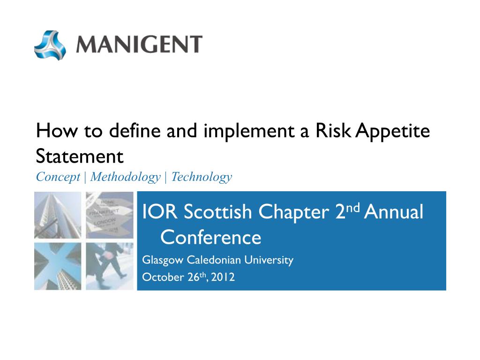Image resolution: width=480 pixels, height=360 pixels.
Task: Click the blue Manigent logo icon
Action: coord(50,45)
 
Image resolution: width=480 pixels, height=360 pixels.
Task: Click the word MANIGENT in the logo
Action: coord(139,45)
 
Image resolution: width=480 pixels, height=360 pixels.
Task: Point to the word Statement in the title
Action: coord(80,156)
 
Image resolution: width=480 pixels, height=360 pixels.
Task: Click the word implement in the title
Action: coord(249,132)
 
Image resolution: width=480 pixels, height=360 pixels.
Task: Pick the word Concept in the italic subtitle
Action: coord(58,177)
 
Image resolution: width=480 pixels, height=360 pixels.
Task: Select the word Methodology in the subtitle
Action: coord(125,177)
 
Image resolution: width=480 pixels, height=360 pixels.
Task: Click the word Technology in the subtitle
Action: coord(202,177)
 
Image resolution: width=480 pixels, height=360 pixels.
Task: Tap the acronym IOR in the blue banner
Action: coord(160,211)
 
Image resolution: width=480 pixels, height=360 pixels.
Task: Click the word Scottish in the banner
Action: coord(217,211)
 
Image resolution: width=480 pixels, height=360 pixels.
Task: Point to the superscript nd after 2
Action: coord(352,208)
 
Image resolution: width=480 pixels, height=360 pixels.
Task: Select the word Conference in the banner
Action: coord(210,237)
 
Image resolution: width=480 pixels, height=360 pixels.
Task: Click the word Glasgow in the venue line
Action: coord(163,260)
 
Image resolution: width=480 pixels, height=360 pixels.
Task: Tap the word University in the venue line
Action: coord(269,260)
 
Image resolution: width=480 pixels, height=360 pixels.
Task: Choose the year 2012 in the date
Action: coord(223,277)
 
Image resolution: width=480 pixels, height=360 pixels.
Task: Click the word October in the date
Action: coord(163,277)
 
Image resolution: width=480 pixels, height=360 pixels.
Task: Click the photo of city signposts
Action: coord(110,215)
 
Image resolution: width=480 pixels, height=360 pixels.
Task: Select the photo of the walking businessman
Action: coord(110,266)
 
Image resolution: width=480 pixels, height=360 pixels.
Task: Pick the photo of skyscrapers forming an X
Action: coord(58,266)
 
